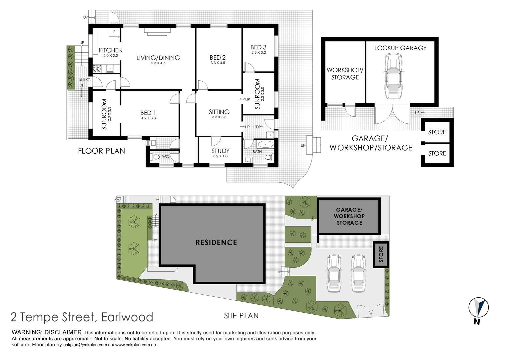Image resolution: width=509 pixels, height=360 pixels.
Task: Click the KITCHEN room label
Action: click(x=111, y=50)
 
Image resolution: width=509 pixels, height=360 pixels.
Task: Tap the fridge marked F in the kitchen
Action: click(x=114, y=32)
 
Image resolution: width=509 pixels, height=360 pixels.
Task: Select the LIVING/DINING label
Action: click(x=158, y=58)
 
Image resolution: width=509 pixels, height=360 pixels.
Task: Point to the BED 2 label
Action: click(x=218, y=58)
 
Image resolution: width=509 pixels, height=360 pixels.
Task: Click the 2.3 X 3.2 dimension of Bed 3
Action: click(x=258, y=52)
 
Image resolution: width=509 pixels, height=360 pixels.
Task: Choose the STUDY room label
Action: click(x=221, y=151)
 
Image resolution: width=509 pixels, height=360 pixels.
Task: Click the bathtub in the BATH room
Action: click(x=265, y=144)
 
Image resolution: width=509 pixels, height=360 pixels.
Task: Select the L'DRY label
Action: click(x=258, y=127)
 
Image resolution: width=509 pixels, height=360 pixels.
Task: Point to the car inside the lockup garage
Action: click(x=393, y=76)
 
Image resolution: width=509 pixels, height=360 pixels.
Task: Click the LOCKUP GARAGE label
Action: click(x=400, y=48)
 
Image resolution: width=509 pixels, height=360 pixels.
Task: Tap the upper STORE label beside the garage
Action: click(x=437, y=132)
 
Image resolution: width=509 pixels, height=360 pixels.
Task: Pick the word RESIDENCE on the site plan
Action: click(x=216, y=242)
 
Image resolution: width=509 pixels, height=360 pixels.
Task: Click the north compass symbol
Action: click(x=478, y=308)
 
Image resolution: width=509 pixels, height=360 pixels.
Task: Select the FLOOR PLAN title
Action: click(x=101, y=151)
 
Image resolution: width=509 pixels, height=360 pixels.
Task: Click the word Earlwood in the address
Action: click(x=127, y=317)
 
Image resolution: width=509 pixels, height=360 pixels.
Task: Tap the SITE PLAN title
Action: click(x=241, y=316)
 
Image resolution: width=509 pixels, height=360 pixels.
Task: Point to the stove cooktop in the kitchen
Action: click(x=97, y=69)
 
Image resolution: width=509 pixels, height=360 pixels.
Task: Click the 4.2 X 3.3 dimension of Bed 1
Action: click(x=148, y=118)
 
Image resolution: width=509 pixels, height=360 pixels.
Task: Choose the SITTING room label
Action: click(x=219, y=112)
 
